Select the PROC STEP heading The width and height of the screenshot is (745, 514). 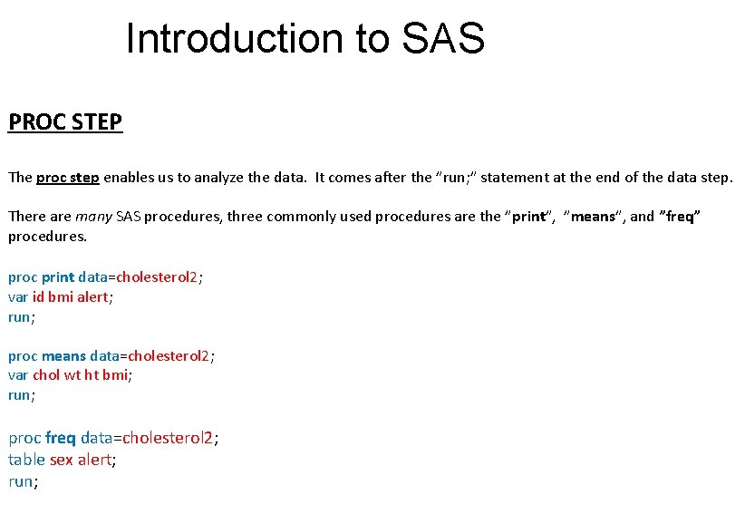point(65,121)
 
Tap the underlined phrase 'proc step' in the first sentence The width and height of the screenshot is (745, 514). point(68,178)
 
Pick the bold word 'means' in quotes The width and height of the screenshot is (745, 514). point(593,217)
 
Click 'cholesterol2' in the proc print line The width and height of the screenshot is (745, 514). point(157,277)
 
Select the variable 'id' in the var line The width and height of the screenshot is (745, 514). point(39,297)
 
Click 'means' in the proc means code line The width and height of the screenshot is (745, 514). point(64,355)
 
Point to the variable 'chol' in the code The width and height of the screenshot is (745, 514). point(47,375)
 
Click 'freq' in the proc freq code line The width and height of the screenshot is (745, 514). point(61,438)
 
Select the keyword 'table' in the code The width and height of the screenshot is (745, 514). point(25,460)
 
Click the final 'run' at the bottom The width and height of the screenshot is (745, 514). point(21,481)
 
